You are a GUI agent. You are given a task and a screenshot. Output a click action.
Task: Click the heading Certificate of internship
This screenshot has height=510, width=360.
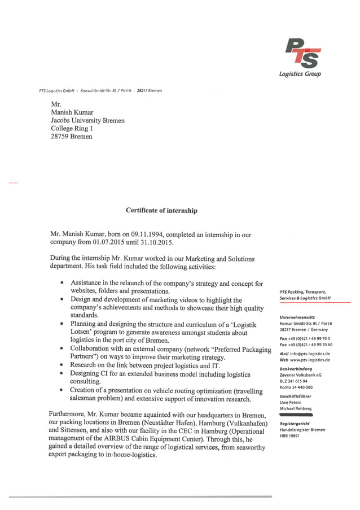[x=161, y=211]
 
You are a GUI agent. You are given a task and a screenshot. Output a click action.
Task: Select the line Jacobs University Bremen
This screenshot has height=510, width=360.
[x=87, y=120]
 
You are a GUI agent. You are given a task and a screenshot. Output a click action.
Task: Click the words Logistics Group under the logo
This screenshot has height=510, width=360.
[x=300, y=75]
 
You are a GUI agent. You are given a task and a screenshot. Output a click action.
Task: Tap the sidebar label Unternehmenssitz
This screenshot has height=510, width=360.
[x=298, y=317]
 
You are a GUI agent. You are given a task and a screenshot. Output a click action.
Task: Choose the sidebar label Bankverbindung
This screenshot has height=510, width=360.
[x=296, y=368]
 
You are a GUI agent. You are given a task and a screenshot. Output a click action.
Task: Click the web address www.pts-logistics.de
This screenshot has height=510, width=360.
[x=310, y=360]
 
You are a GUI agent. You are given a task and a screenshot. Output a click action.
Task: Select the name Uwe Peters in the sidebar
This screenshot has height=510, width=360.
[x=291, y=402]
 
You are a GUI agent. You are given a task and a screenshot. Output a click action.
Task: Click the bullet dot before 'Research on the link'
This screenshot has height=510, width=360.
[x=61, y=365]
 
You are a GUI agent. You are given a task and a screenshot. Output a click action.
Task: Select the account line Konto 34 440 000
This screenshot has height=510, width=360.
[x=296, y=387]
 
